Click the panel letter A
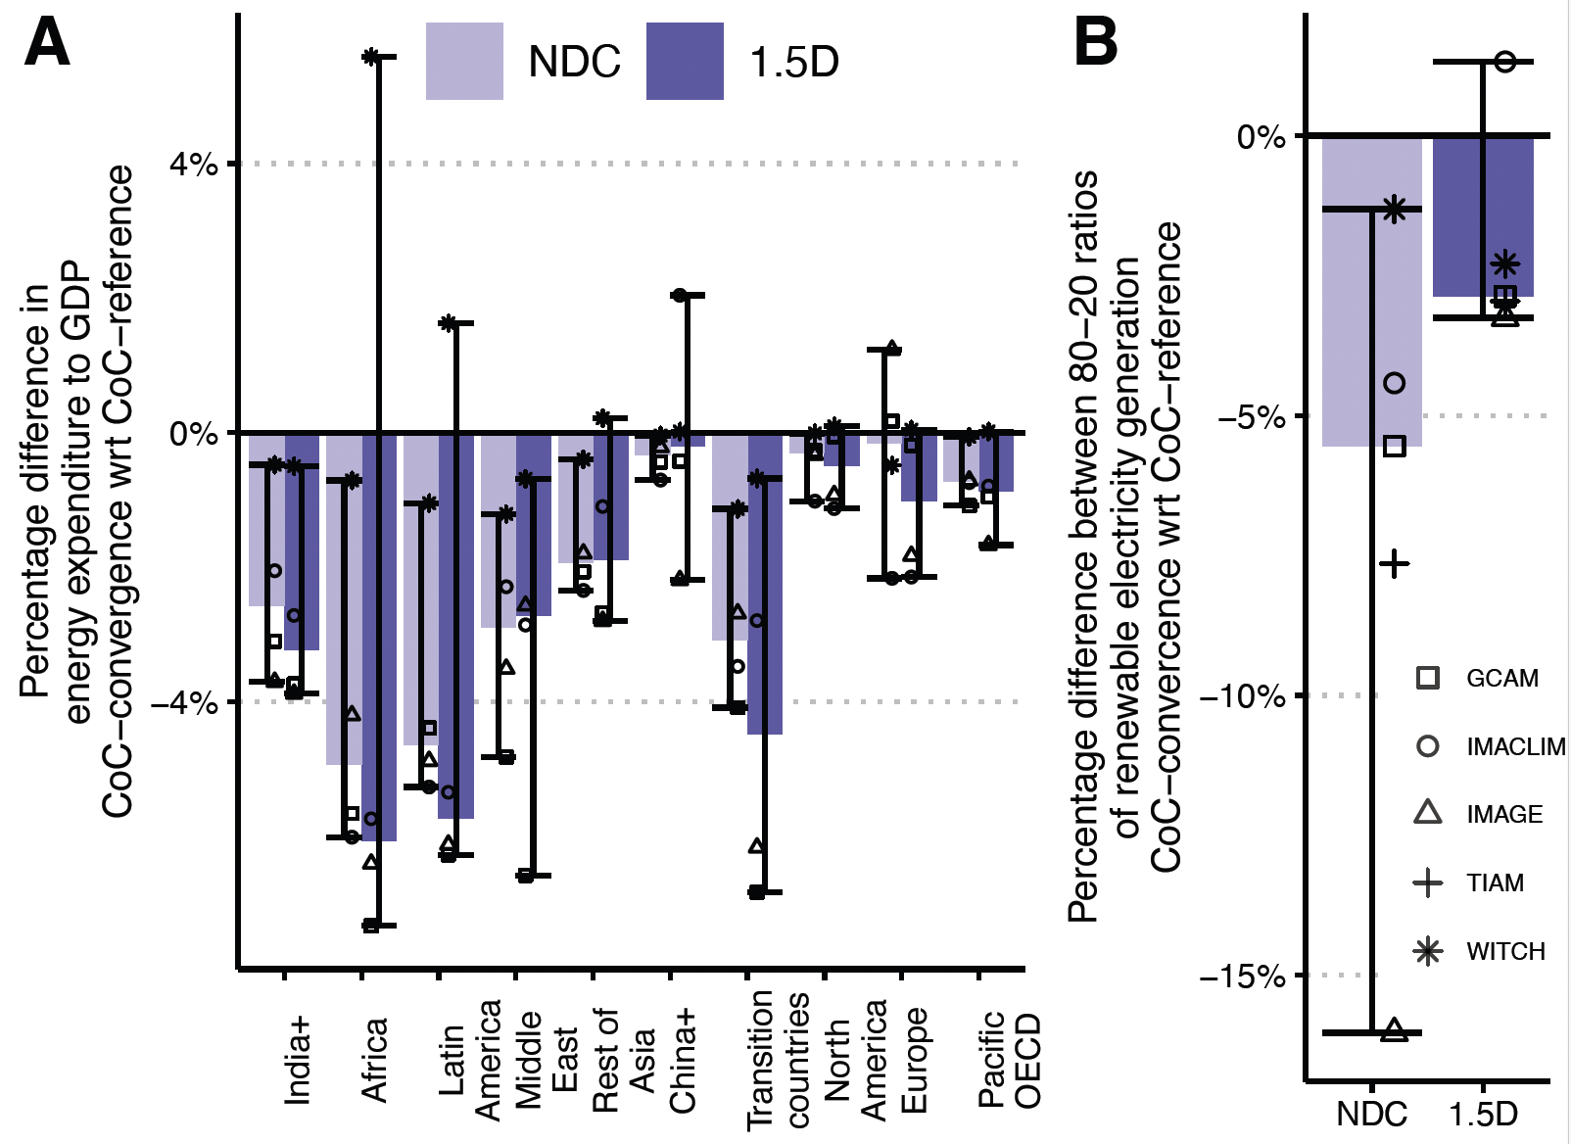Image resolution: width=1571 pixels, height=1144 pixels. coord(47,44)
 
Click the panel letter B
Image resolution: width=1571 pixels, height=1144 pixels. coord(1096,44)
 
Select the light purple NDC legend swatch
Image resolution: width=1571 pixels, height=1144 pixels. coord(464,62)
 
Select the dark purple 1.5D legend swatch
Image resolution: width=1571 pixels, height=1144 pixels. coord(685,62)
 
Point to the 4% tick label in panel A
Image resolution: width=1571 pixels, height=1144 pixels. coord(193,164)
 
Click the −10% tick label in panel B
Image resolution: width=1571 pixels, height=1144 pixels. coord(1242,696)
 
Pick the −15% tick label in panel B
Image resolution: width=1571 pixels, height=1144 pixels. coord(1242,976)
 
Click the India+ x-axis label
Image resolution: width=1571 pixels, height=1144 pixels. coord(298,1060)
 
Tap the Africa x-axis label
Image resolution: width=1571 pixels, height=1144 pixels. coord(375,1060)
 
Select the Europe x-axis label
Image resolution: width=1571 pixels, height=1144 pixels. coord(914,1060)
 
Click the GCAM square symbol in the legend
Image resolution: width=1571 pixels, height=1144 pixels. coord(1428,678)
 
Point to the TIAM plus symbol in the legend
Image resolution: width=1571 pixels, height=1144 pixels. coord(1428,883)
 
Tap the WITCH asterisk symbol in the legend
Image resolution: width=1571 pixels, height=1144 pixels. coord(1428,951)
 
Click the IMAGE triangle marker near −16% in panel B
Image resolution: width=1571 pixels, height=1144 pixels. coord(1394,1030)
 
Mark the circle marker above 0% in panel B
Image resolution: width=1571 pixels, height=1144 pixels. coord(1505,62)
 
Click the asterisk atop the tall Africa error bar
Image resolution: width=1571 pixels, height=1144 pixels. coord(370,57)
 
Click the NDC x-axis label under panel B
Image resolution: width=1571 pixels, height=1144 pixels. coord(1371,1114)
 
